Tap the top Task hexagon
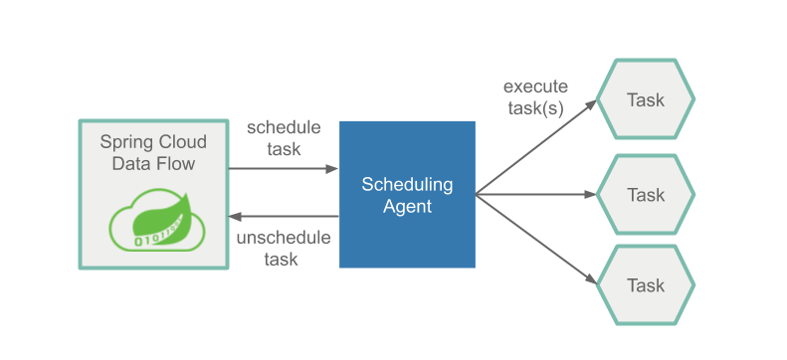645,100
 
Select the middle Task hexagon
645,194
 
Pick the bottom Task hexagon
645,285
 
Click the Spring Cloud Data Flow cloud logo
154,226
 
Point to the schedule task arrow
284,168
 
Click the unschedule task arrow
284,216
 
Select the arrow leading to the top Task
537,145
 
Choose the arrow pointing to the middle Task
537,194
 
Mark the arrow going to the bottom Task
537,243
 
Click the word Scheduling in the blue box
407,185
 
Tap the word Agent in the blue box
407,207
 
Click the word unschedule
283,239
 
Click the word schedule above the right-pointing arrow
284,127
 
